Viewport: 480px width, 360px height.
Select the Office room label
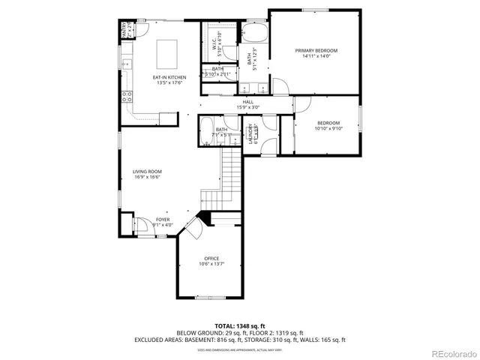pos(210,260)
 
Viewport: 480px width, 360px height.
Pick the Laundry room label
pos(253,133)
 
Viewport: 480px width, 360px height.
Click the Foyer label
pos(162,221)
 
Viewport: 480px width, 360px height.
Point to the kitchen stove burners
pos(127,96)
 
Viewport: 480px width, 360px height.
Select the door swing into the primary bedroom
pos(278,85)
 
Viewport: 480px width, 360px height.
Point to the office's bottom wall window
pos(210,298)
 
